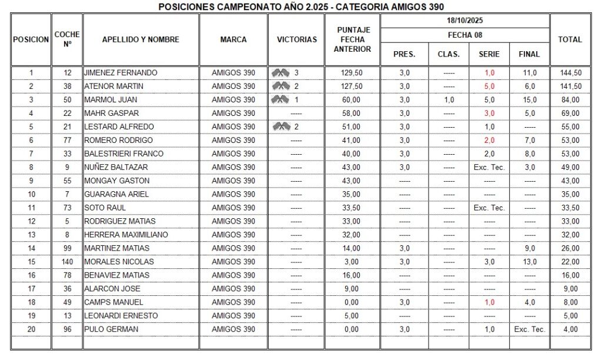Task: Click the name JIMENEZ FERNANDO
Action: click(x=121, y=73)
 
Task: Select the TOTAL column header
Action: click(x=570, y=39)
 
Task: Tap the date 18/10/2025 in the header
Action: click(x=464, y=21)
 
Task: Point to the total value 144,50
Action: click(x=570, y=73)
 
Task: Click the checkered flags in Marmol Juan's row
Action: click(x=280, y=99)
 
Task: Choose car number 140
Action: click(x=67, y=262)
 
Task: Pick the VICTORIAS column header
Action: click(x=296, y=39)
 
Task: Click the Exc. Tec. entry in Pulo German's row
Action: click(x=529, y=329)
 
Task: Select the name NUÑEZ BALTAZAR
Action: click(x=116, y=167)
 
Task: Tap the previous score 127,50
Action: click(x=352, y=86)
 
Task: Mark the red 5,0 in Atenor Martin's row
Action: click(x=489, y=86)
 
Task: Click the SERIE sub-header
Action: click(x=489, y=54)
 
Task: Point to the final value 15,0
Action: click(x=529, y=100)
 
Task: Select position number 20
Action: click(x=31, y=329)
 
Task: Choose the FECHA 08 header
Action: click(x=464, y=35)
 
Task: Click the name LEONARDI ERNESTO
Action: click(x=121, y=316)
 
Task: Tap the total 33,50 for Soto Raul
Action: click(x=570, y=208)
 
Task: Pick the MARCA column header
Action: click(x=233, y=39)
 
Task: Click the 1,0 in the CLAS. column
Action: click(x=449, y=100)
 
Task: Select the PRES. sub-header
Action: click(x=404, y=54)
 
